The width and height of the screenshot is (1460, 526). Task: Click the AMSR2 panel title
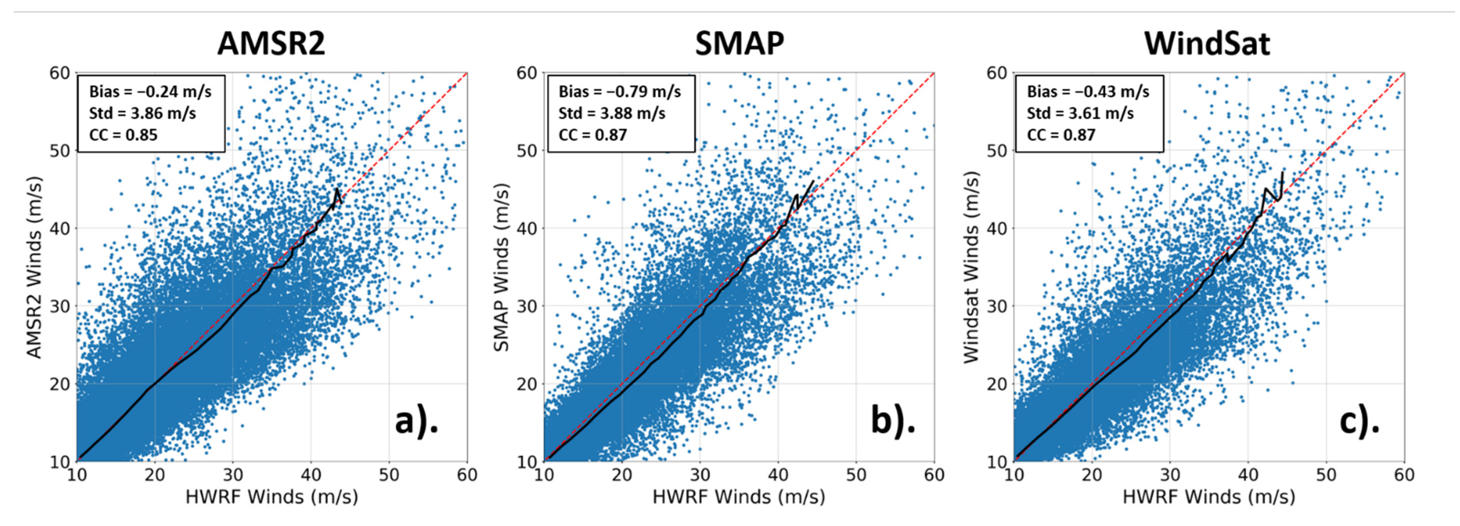[272, 43]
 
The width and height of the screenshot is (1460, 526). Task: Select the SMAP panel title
[740, 43]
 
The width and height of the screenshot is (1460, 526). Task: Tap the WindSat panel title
[1207, 43]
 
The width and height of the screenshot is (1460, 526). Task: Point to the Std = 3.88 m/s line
[612, 113]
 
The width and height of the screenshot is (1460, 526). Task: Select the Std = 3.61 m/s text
[1080, 113]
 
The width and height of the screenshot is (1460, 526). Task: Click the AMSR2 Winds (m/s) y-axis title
[35, 267]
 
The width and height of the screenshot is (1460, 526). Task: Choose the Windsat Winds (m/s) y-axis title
[971, 267]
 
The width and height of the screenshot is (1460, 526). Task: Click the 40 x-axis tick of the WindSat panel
[1248, 475]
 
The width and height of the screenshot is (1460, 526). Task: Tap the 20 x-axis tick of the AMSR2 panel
[155, 475]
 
